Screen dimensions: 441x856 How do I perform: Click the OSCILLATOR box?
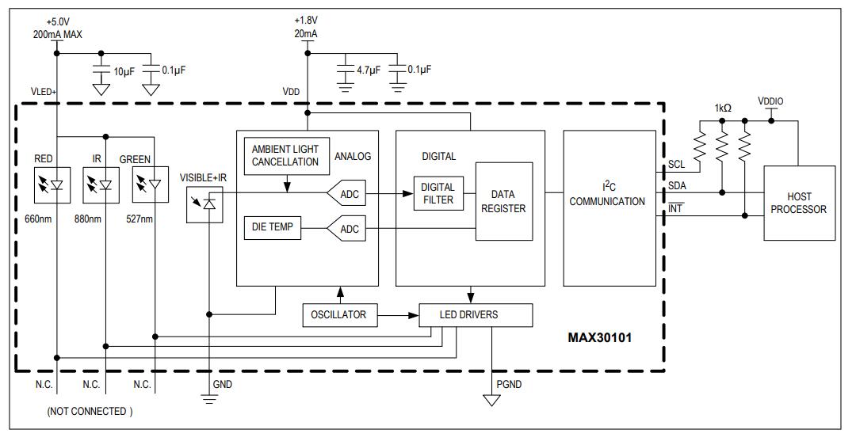tap(339, 315)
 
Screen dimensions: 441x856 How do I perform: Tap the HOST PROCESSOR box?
tap(799, 203)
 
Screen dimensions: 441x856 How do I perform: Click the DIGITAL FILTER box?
tap(437, 194)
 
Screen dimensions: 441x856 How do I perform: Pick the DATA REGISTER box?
tap(503, 201)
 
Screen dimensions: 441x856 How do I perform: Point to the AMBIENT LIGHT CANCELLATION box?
tap(285, 155)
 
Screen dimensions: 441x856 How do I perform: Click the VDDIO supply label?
tap(770, 101)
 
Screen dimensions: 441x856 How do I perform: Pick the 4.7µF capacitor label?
tap(369, 70)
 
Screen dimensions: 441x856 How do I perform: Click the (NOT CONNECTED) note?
tap(90, 411)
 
